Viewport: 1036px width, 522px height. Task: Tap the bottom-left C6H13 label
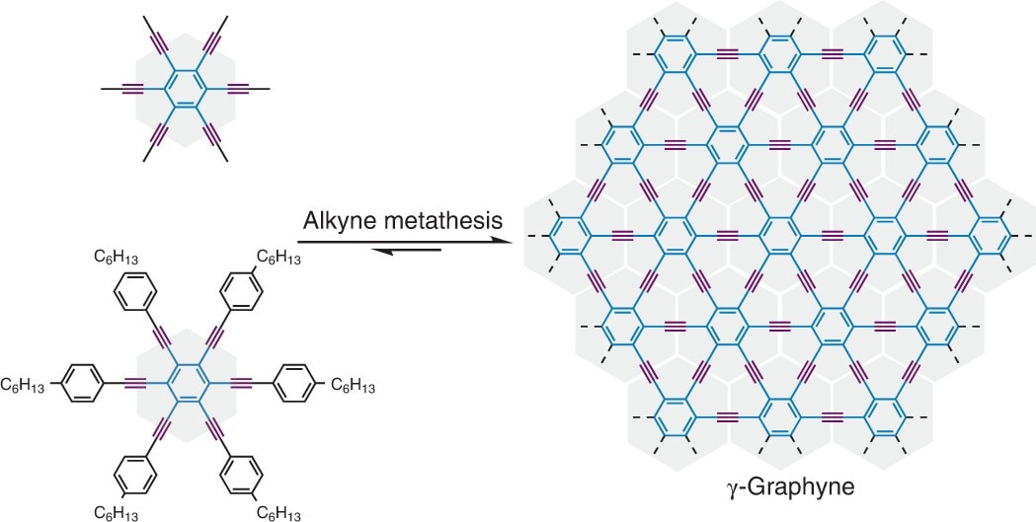click(x=116, y=511)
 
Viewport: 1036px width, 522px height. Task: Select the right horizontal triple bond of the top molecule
click(x=239, y=90)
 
